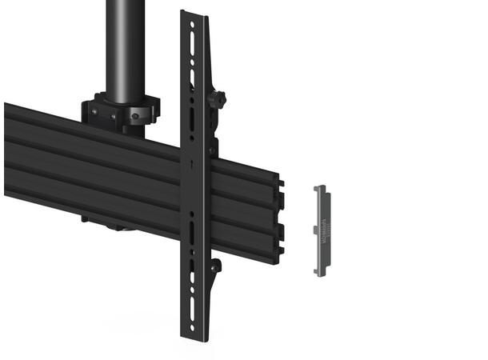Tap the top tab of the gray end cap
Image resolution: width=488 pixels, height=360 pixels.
point(320,188)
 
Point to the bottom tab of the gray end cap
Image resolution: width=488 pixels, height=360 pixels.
point(320,274)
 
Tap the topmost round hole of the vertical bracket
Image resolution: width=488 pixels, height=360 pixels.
point(192,25)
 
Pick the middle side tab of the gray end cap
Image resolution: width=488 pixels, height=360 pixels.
point(316,230)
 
